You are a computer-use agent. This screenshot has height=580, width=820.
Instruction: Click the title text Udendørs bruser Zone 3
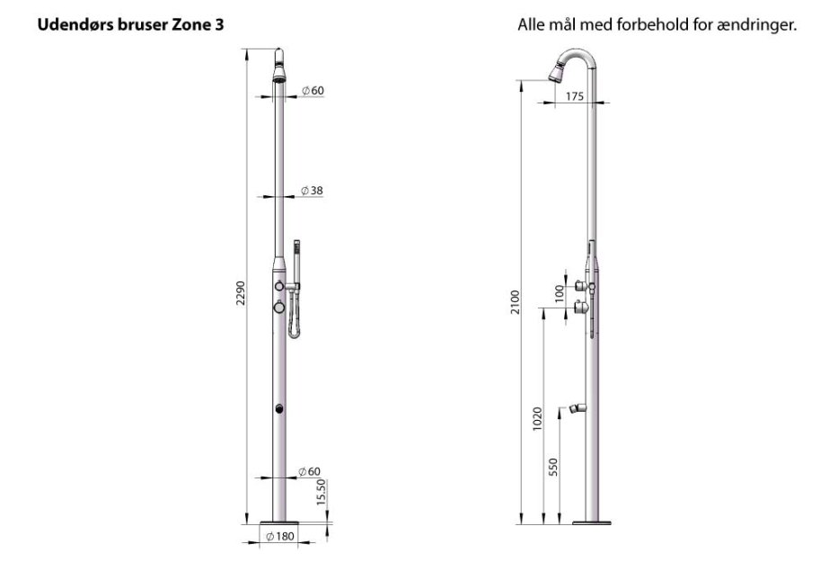pyautogui.click(x=130, y=25)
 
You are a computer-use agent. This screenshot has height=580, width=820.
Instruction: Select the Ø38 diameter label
pyautogui.click(x=312, y=191)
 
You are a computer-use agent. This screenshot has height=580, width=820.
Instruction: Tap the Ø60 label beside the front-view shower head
pyautogui.click(x=312, y=90)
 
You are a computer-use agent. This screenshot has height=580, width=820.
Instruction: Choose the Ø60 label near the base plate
pyautogui.click(x=310, y=471)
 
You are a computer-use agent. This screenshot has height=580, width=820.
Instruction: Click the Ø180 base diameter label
pyautogui.click(x=280, y=537)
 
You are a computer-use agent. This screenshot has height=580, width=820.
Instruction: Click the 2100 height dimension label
pyautogui.click(x=514, y=303)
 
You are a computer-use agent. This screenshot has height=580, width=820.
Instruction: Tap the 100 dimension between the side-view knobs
pyautogui.click(x=559, y=294)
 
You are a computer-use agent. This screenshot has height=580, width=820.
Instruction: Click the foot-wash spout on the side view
pyautogui.click(x=572, y=410)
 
